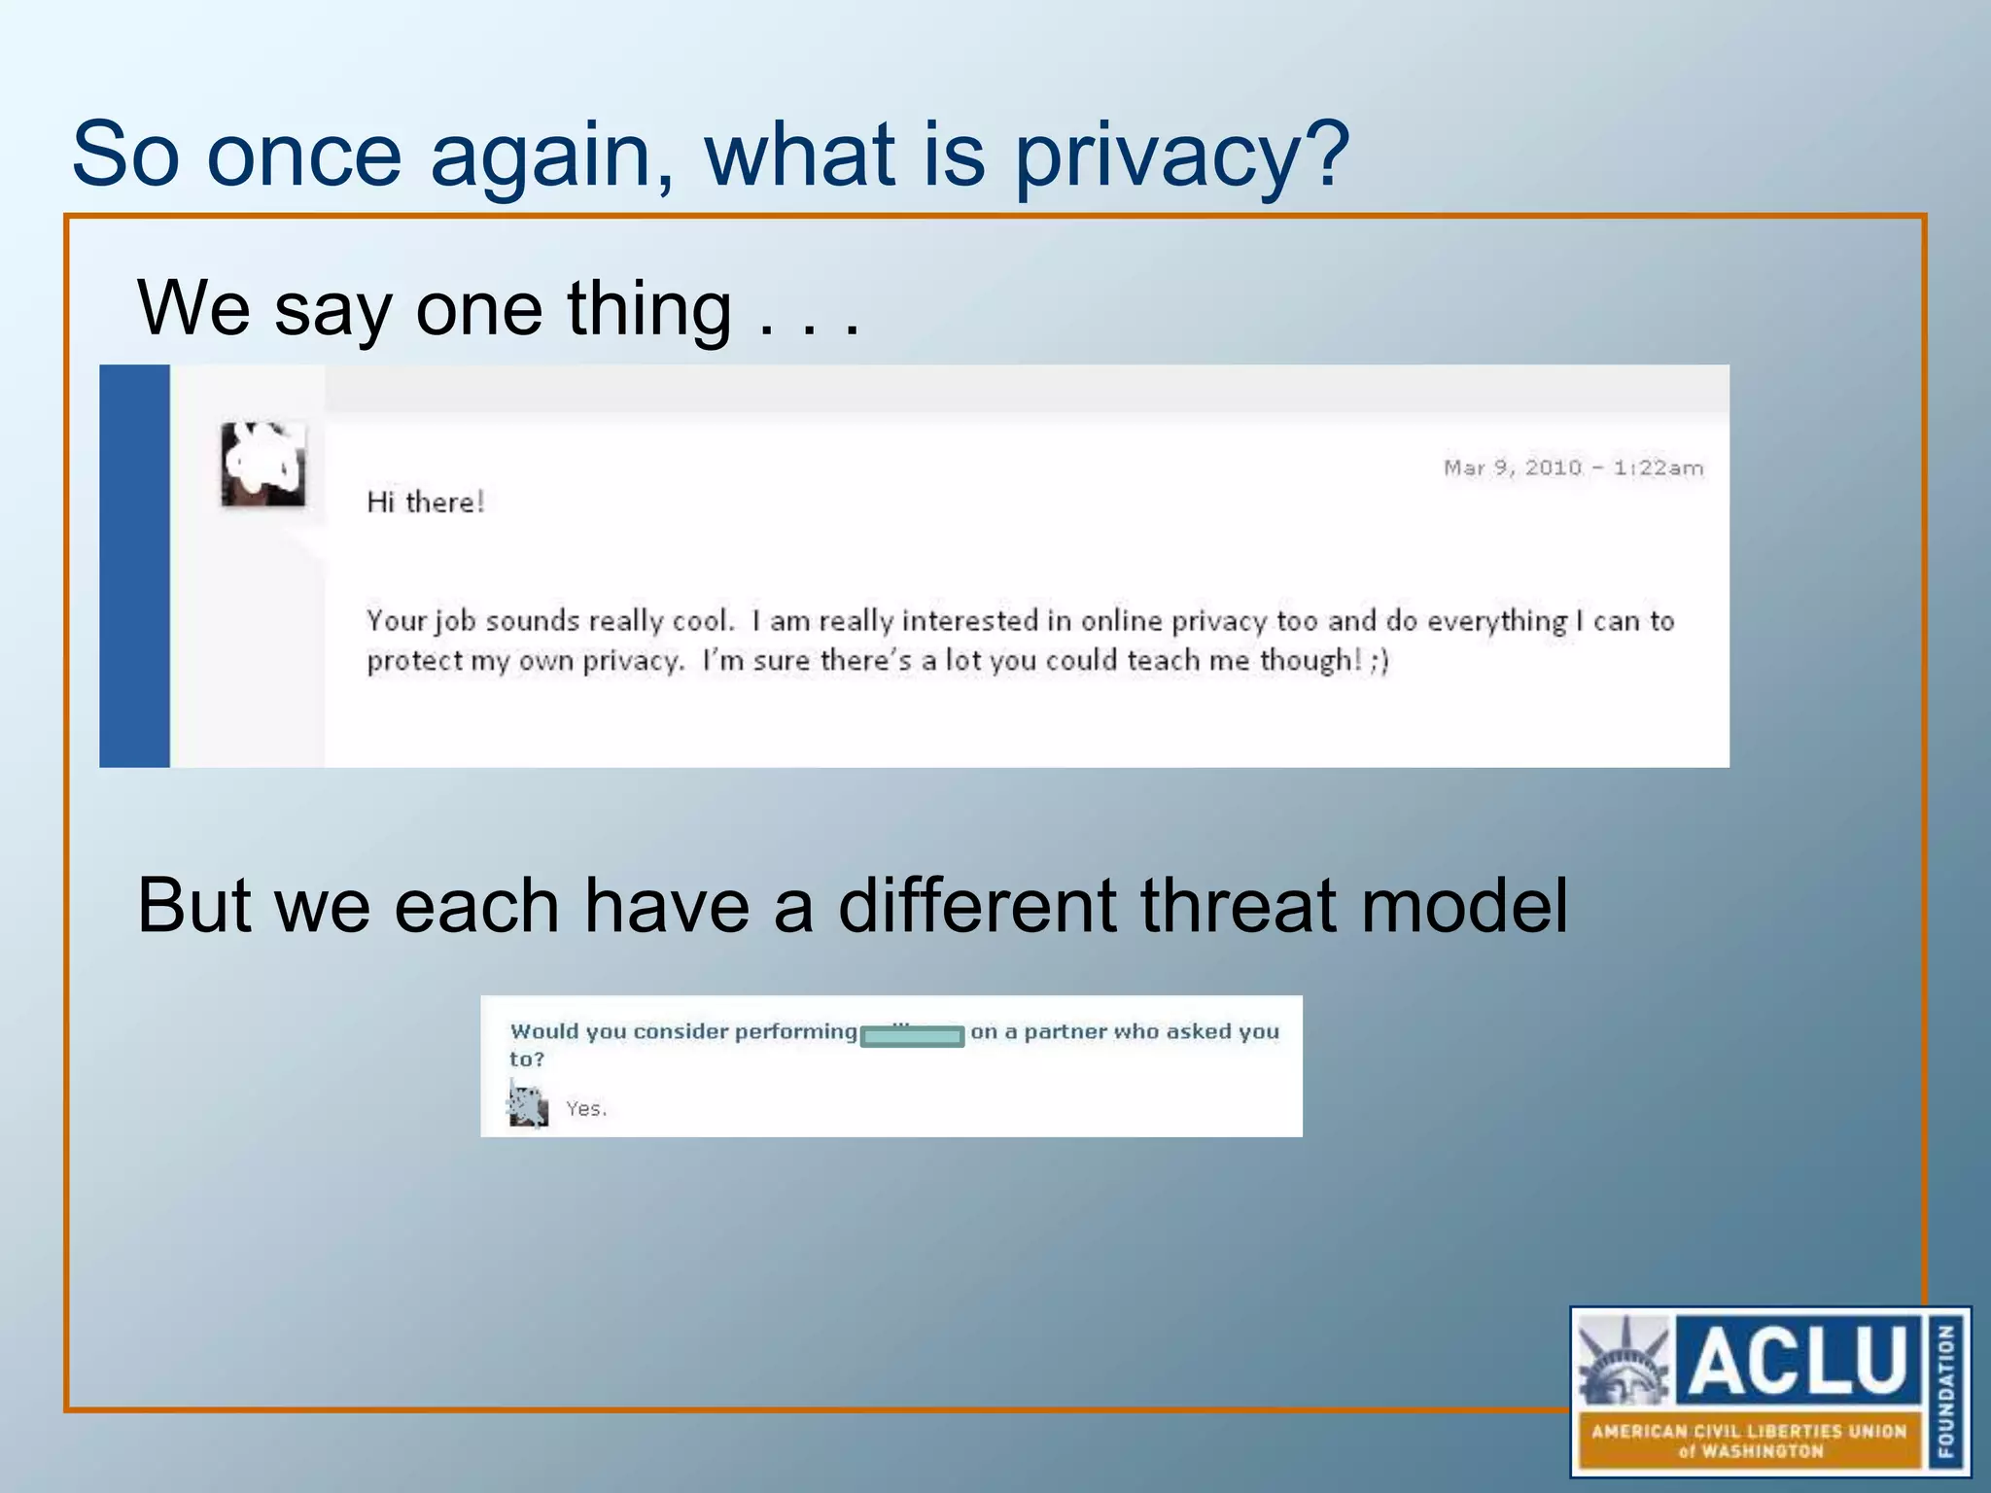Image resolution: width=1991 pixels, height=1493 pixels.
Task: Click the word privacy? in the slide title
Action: point(1181,156)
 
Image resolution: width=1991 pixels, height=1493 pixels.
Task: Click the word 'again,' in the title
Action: point(552,156)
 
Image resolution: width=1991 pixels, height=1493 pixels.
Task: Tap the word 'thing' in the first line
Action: point(649,309)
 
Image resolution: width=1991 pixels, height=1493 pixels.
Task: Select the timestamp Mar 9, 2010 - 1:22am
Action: point(1573,468)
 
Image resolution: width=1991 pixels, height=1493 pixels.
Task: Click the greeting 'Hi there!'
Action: point(425,503)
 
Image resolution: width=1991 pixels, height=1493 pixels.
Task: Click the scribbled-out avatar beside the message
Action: point(262,464)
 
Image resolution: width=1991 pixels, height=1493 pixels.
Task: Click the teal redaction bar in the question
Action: point(912,1036)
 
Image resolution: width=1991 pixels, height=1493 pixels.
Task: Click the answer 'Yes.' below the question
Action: point(586,1109)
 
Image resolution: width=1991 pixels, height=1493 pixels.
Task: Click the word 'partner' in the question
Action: point(1065,1031)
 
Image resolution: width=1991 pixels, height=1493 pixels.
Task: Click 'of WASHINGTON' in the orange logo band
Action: point(1750,1451)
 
